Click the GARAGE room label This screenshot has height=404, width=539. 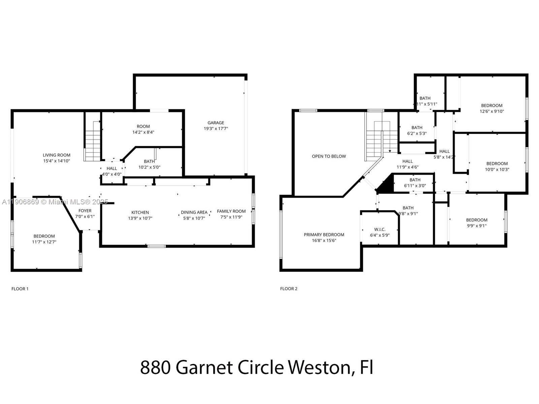[216, 123]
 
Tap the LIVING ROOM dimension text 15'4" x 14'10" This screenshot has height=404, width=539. [57, 161]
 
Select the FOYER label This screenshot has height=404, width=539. [85, 211]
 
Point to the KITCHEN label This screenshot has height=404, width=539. [140, 212]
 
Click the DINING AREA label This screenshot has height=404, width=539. [194, 212]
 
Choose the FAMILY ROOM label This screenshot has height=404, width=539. [231, 211]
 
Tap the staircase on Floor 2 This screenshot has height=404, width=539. [377, 141]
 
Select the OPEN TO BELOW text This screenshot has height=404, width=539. [329, 156]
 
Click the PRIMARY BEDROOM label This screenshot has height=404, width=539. [324, 235]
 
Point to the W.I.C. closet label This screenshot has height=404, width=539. [380, 230]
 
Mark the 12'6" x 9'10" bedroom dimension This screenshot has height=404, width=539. [492, 111]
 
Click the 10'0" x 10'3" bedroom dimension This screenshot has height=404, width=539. [497, 169]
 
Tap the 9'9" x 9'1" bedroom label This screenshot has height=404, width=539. [477, 220]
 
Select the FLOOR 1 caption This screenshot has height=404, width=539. [20, 289]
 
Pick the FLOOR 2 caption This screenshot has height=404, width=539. [289, 289]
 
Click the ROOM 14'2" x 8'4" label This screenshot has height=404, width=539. [143, 127]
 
